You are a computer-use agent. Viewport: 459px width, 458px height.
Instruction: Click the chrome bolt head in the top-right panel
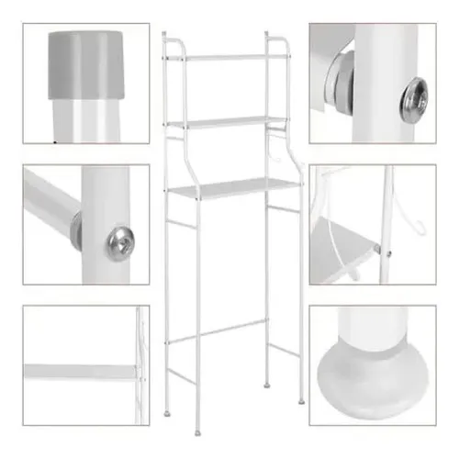click(413, 98)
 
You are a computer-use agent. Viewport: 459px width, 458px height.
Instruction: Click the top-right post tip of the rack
click(267, 35)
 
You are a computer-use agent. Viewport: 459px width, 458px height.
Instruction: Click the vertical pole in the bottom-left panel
click(140, 367)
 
